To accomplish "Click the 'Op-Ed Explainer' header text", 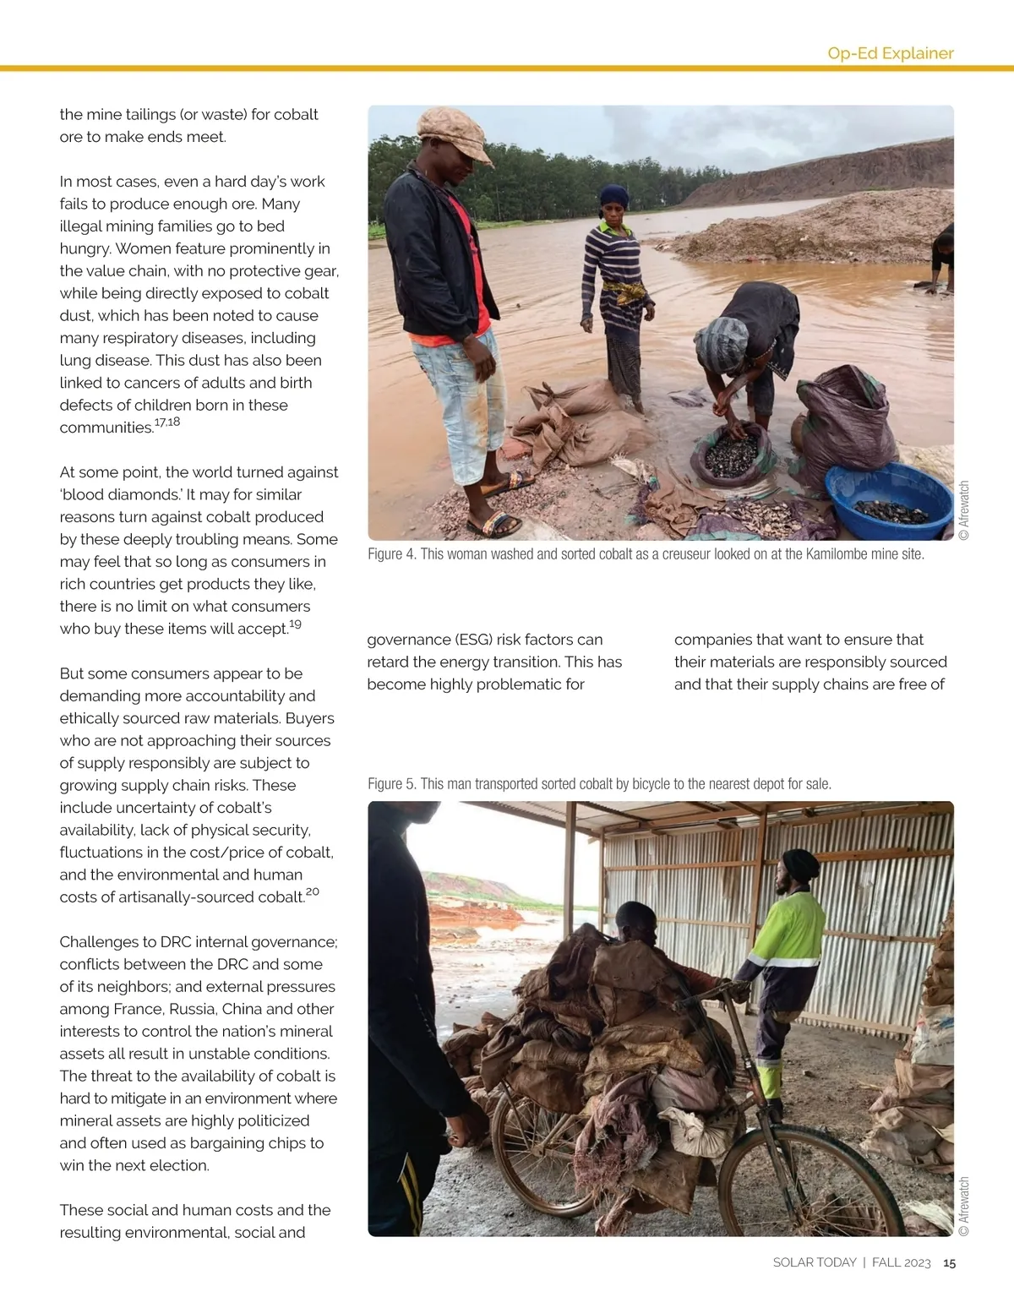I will (890, 53).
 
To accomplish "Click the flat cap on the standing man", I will (455, 133).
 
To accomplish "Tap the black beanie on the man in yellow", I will (801, 866).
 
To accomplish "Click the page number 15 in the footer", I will (950, 1262).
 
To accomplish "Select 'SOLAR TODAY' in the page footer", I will (815, 1262).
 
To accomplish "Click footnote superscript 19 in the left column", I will (295, 624).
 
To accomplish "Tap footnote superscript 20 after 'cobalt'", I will (313, 892).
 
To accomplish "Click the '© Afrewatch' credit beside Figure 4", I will (964, 510).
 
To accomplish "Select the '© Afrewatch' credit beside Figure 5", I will (964, 1206).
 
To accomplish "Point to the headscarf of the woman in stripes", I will (614, 196).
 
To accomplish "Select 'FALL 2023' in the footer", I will (901, 1262).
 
